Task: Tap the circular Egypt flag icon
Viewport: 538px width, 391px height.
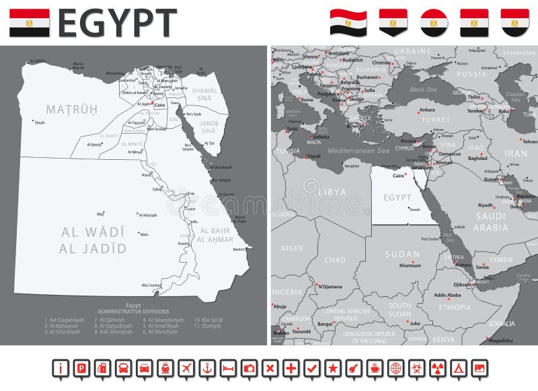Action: [434, 22]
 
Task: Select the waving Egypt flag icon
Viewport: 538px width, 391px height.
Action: [348, 22]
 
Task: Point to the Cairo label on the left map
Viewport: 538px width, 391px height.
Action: [160, 105]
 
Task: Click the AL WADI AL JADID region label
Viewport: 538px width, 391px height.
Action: [93, 240]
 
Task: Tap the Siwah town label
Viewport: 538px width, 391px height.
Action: [40, 123]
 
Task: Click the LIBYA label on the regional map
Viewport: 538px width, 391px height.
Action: [332, 192]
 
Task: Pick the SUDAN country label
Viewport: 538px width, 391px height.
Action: [402, 255]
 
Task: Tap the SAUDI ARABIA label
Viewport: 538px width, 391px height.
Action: [491, 222]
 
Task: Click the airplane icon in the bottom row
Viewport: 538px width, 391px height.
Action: [187, 368]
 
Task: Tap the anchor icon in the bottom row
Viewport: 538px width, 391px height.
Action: [208, 368]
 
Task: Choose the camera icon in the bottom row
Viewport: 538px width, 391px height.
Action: [249, 368]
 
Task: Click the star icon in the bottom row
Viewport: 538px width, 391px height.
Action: [332, 368]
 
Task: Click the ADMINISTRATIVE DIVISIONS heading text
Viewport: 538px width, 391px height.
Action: [133, 312]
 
